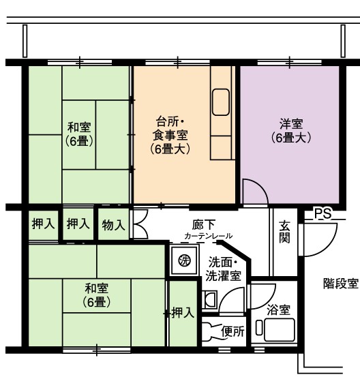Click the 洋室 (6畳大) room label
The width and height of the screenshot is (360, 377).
[x=290, y=131]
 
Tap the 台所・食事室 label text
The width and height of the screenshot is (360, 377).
[x=170, y=128]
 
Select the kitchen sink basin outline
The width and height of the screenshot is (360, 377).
[x=220, y=102]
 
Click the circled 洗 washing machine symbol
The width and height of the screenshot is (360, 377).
[x=185, y=260]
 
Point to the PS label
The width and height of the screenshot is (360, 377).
[x=323, y=213]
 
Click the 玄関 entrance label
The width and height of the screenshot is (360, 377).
[x=284, y=232]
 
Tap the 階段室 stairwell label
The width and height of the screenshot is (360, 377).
[x=341, y=283]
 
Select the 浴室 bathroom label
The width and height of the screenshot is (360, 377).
[x=278, y=310]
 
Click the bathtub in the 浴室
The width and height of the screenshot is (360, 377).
[x=279, y=330]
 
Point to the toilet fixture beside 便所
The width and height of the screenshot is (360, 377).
[x=211, y=332]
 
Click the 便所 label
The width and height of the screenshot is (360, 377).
[x=232, y=331]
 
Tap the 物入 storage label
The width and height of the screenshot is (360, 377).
[x=113, y=225]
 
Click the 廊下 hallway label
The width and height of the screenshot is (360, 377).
[x=203, y=225]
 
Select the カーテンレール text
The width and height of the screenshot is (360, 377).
[x=208, y=236]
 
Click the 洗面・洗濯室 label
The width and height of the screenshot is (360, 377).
[x=223, y=269]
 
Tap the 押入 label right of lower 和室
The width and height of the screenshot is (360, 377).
[x=183, y=312]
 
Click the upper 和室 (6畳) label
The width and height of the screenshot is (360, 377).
[x=79, y=134]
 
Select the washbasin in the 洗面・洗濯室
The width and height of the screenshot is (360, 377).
[x=209, y=299]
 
